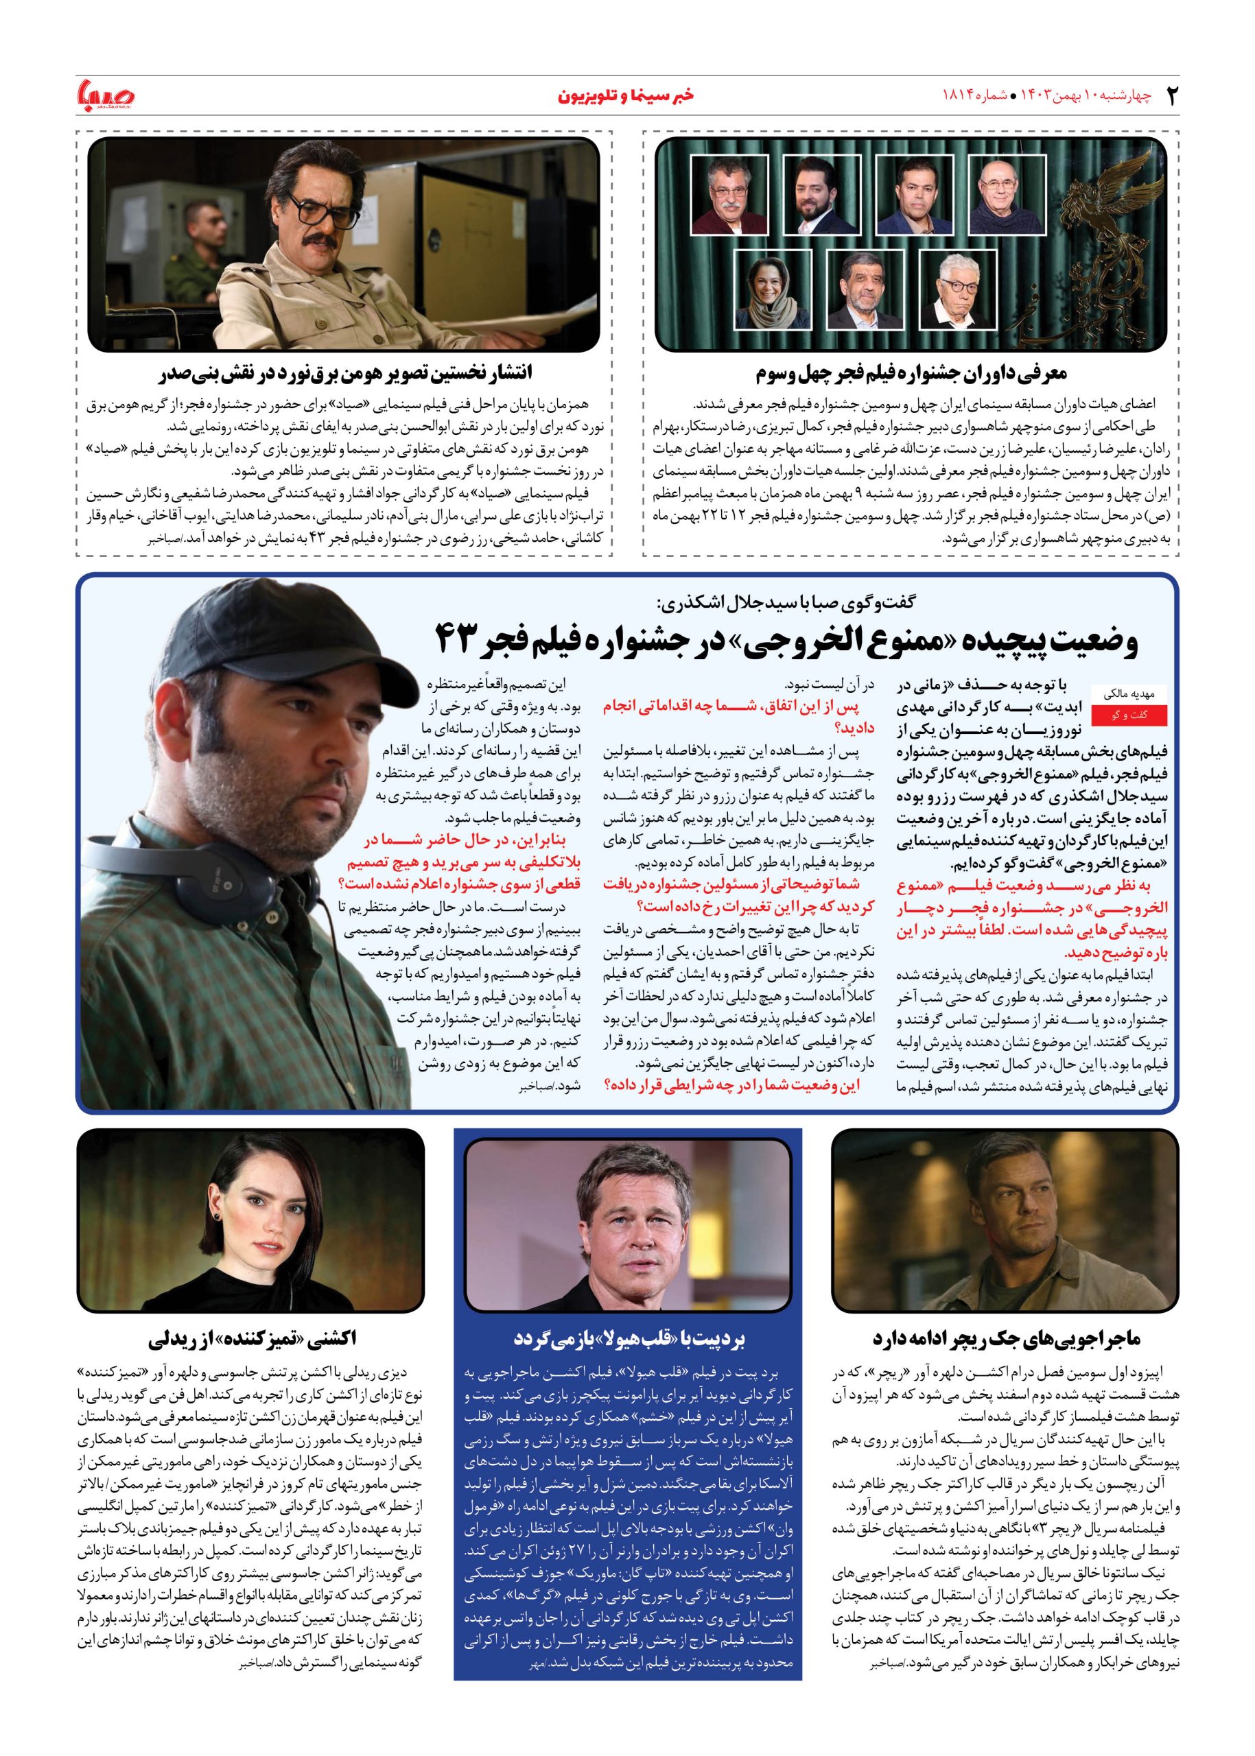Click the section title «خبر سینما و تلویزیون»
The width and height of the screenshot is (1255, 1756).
pos(626,97)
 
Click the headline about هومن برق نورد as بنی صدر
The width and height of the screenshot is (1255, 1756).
pos(344,375)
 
